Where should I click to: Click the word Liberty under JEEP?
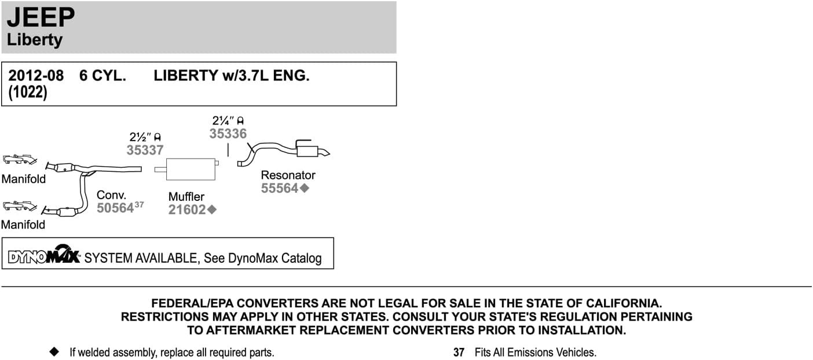[x=34, y=40]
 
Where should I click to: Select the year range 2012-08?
[x=35, y=76]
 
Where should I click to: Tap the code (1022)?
[x=27, y=93]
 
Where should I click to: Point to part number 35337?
[x=145, y=150]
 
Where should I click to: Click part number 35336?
[x=228, y=134]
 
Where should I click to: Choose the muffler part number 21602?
[x=187, y=210]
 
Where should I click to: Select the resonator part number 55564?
[x=280, y=188]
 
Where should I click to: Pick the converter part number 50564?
[x=115, y=208]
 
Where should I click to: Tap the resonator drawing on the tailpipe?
[x=307, y=152]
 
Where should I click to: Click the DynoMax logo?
[x=44, y=255]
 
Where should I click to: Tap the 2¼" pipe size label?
[x=223, y=121]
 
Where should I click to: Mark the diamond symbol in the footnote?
[x=54, y=351]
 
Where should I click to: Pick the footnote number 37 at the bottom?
[x=459, y=352]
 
